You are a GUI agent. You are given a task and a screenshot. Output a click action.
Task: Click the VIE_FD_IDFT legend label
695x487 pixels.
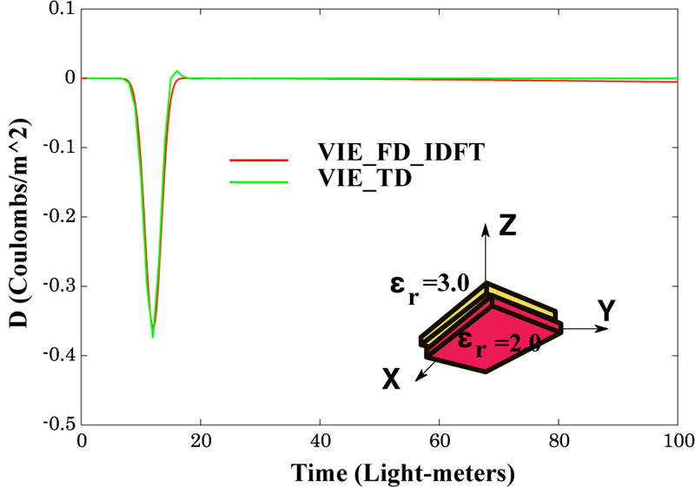[x=400, y=153]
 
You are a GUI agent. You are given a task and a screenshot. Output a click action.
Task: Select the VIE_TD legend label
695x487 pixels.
[x=364, y=180]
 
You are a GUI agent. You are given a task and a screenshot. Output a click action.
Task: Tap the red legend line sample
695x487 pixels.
[x=258, y=161]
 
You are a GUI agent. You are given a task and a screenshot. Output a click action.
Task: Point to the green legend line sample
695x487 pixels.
[x=258, y=182]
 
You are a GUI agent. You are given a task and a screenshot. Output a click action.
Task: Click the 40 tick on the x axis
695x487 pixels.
[x=321, y=441]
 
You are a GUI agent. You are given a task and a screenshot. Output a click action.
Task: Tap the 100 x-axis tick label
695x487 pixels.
[x=676, y=441]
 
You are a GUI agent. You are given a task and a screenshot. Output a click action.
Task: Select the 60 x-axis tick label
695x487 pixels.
[x=440, y=441]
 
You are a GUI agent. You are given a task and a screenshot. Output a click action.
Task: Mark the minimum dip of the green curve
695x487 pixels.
[x=153, y=336]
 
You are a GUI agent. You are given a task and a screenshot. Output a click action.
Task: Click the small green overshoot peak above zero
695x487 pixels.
[x=177, y=71]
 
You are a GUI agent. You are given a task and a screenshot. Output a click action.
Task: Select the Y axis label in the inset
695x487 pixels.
[x=607, y=311]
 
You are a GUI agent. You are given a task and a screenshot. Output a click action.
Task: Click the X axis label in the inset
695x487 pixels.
[x=391, y=379]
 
